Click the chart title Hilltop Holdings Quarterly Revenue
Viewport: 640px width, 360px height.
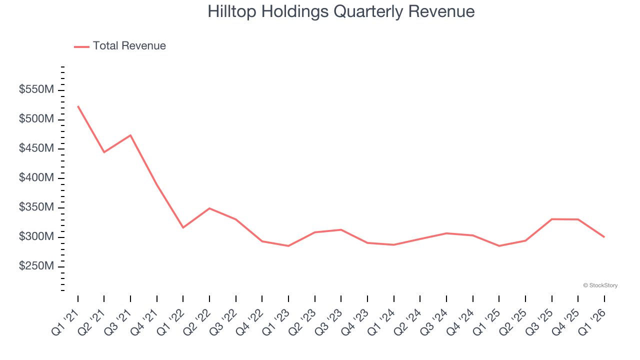[x=341, y=11]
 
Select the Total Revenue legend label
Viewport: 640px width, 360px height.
[x=129, y=46]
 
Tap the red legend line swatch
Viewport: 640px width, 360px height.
[x=81, y=46]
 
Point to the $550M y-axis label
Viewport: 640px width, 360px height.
[x=36, y=90]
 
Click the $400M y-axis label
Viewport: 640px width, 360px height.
[x=36, y=178]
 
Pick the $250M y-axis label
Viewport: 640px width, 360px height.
[x=36, y=266]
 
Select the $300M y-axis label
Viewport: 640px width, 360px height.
[x=36, y=236]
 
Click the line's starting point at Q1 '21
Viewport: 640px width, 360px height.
[x=78, y=106]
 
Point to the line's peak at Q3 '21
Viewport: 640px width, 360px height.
[x=130, y=135]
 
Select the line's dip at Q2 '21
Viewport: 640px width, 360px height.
[x=104, y=152]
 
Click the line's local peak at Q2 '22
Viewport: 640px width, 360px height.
[x=209, y=208]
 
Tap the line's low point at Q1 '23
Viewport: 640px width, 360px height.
[x=288, y=246]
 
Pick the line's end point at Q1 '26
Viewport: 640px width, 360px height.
[x=604, y=237]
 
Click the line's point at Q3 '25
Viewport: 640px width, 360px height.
[x=551, y=219]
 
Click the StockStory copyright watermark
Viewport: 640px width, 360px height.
[x=600, y=285]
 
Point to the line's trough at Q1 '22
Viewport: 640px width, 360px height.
[x=183, y=227]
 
